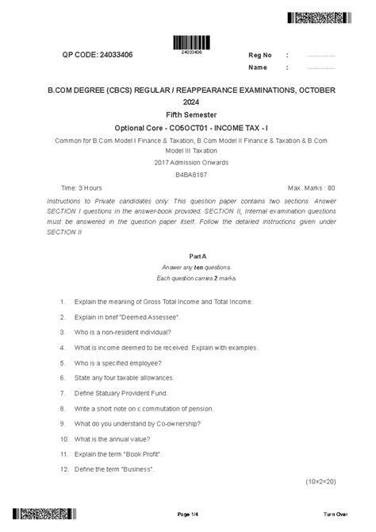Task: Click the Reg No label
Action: tap(260, 55)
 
